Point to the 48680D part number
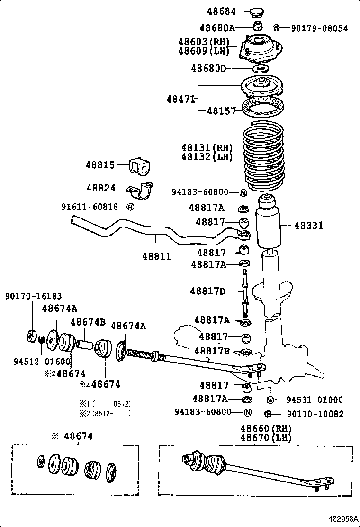(x=208, y=68)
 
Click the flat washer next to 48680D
(x=260, y=69)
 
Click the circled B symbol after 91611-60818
(x=131, y=207)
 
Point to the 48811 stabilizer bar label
(x=156, y=256)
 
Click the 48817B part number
(x=212, y=351)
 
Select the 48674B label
(x=88, y=323)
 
